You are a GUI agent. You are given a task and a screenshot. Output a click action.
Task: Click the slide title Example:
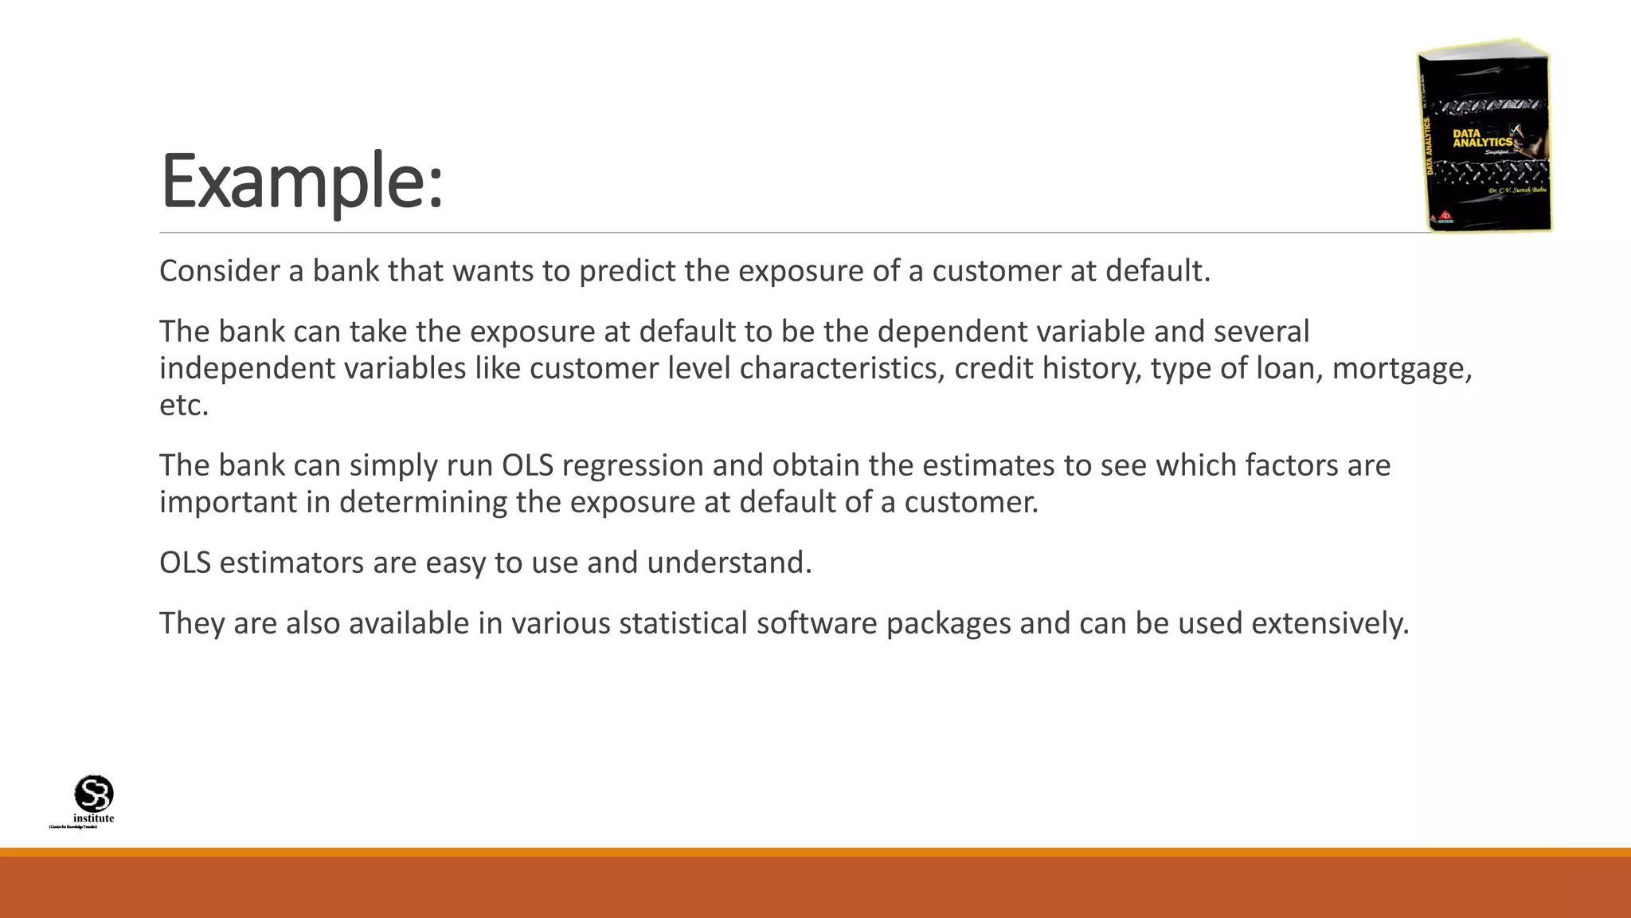[301, 182]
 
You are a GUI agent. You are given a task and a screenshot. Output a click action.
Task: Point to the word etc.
[183, 406]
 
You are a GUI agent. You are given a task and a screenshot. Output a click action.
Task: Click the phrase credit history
[1047, 369]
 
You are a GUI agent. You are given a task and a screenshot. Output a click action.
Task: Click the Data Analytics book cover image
[1484, 135]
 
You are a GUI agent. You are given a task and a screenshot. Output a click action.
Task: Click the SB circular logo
[94, 794]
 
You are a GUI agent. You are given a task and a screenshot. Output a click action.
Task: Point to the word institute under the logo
[94, 818]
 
